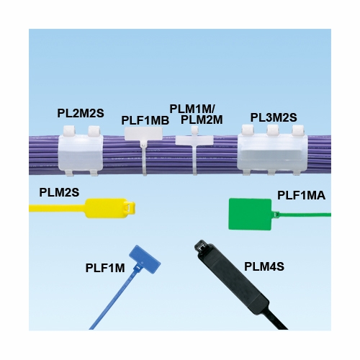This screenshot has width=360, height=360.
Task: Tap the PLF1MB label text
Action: point(145,120)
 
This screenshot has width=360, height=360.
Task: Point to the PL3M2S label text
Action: point(274,117)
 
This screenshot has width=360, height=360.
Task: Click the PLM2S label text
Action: point(59,192)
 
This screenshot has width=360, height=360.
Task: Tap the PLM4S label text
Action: point(264,266)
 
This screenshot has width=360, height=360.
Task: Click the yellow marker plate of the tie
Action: point(102,210)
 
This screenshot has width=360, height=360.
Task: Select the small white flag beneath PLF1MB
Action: point(146,135)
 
